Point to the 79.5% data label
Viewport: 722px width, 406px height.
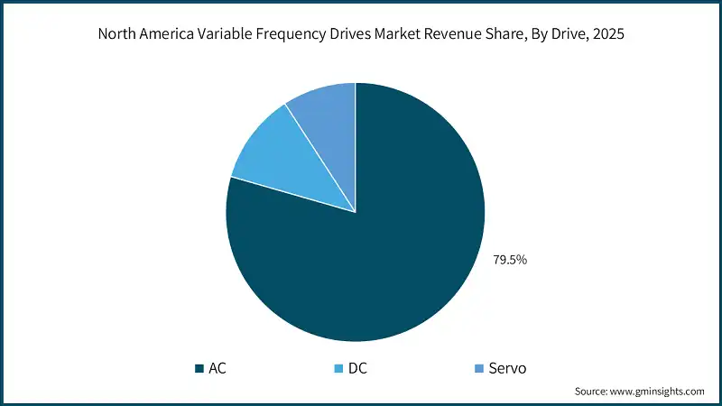coord(509,260)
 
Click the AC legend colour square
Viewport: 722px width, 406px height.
coord(199,368)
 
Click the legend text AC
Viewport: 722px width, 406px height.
coord(218,368)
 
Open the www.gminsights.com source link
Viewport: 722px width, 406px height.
coord(659,392)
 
